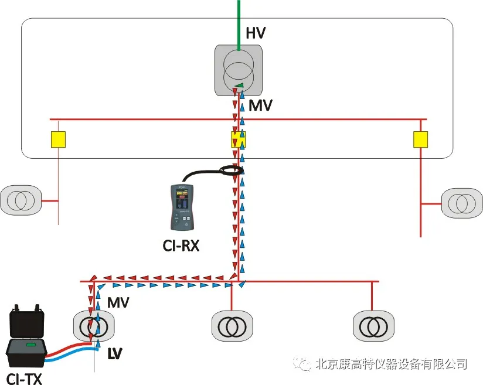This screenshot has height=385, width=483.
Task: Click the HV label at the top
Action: [256, 33]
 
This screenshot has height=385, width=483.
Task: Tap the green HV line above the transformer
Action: [238, 23]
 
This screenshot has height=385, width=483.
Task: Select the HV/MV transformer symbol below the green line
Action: [238, 69]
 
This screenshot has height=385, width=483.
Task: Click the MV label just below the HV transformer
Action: [260, 106]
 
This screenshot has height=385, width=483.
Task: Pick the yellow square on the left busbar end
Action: [57, 139]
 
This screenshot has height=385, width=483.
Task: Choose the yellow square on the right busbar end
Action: [420, 139]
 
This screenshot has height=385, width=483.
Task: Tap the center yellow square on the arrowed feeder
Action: [238, 139]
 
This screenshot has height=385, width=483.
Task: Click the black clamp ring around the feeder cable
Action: [231, 171]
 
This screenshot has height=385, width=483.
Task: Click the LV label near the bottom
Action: [117, 353]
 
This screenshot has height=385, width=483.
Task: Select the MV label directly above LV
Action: [118, 303]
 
